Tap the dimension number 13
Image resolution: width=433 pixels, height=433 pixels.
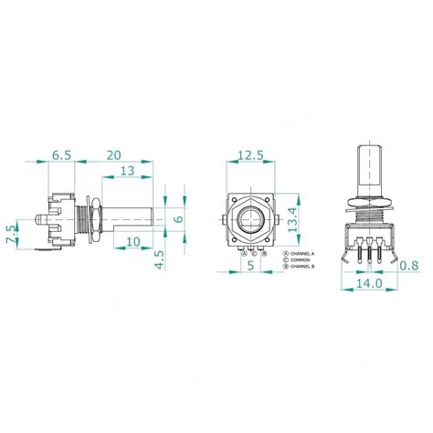click(x=128, y=171)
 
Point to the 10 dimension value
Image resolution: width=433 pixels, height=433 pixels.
click(x=133, y=241)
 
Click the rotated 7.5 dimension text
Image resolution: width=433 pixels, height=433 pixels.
click(x=12, y=234)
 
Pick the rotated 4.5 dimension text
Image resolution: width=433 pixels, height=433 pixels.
click(x=159, y=259)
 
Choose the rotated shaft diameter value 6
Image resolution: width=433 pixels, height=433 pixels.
click(x=179, y=217)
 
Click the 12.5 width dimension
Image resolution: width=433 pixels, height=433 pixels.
click(x=249, y=155)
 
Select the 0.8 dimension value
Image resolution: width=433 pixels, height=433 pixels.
click(x=410, y=266)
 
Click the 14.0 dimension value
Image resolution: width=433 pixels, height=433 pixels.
click(x=369, y=284)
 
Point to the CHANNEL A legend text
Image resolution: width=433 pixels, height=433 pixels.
click(x=302, y=252)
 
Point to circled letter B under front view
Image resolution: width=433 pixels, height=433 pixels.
click(x=264, y=253)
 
